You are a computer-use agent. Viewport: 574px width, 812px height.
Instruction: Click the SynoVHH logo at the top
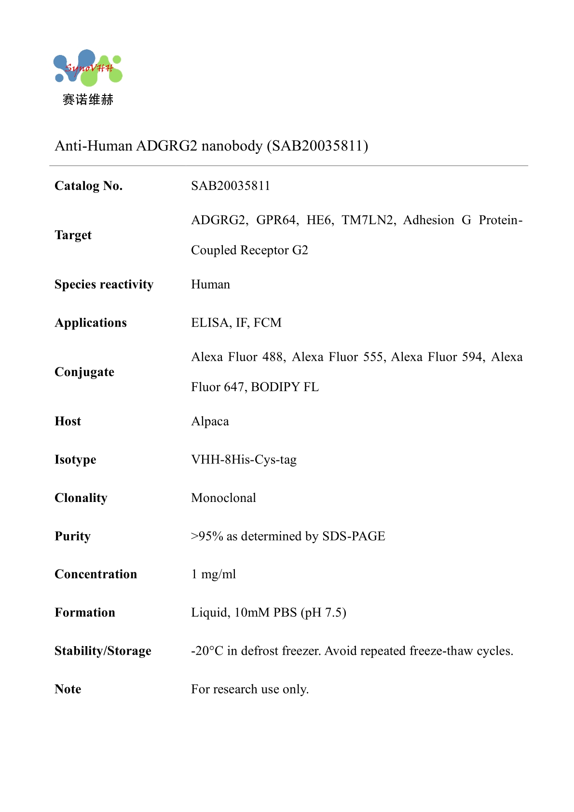click(x=88, y=68)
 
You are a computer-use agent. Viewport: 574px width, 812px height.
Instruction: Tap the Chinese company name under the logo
click(x=88, y=100)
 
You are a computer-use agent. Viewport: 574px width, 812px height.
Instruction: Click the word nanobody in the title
click(x=232, y=146)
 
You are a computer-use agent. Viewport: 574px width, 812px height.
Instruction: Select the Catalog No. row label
click(x=89, y=186)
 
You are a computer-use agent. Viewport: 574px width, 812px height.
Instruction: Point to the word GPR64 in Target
click(x=276, y=220)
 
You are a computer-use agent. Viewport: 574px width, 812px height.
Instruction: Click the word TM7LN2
click(x=368, y=220)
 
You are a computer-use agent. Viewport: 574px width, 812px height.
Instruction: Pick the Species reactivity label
click(x=104, y=284)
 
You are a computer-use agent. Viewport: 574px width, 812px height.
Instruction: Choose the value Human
click(x=210, y=284)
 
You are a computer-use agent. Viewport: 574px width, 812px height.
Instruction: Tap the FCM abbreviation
click(x=268, y=323)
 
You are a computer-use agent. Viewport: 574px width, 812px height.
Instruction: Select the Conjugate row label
click(x=84, y=372)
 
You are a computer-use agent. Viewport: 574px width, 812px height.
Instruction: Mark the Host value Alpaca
click(x=210, y=421)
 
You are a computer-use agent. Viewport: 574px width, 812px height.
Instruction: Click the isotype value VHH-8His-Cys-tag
click(x=244, y=460)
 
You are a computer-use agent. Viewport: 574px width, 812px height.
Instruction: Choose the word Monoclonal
click(x=223, y=498)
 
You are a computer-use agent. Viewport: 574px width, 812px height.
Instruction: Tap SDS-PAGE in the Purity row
click(x=354, y=536)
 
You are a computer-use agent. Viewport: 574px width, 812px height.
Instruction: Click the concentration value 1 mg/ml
click(x=213, y=574)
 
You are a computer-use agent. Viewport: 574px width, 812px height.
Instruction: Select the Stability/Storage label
click(x=103, y=651)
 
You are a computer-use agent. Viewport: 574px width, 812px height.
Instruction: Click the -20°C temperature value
click(x=207, y=651)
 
